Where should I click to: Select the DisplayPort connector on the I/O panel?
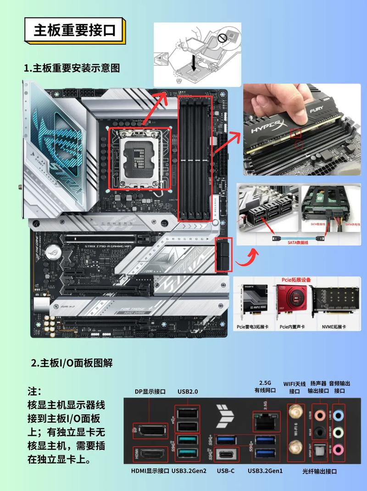tap(150, 431)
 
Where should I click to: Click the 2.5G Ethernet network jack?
tap(264, 421)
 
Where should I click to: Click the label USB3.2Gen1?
tap(265, 471)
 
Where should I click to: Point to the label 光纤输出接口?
tap(320, 471)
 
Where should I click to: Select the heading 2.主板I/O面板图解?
tap(72, 363)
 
